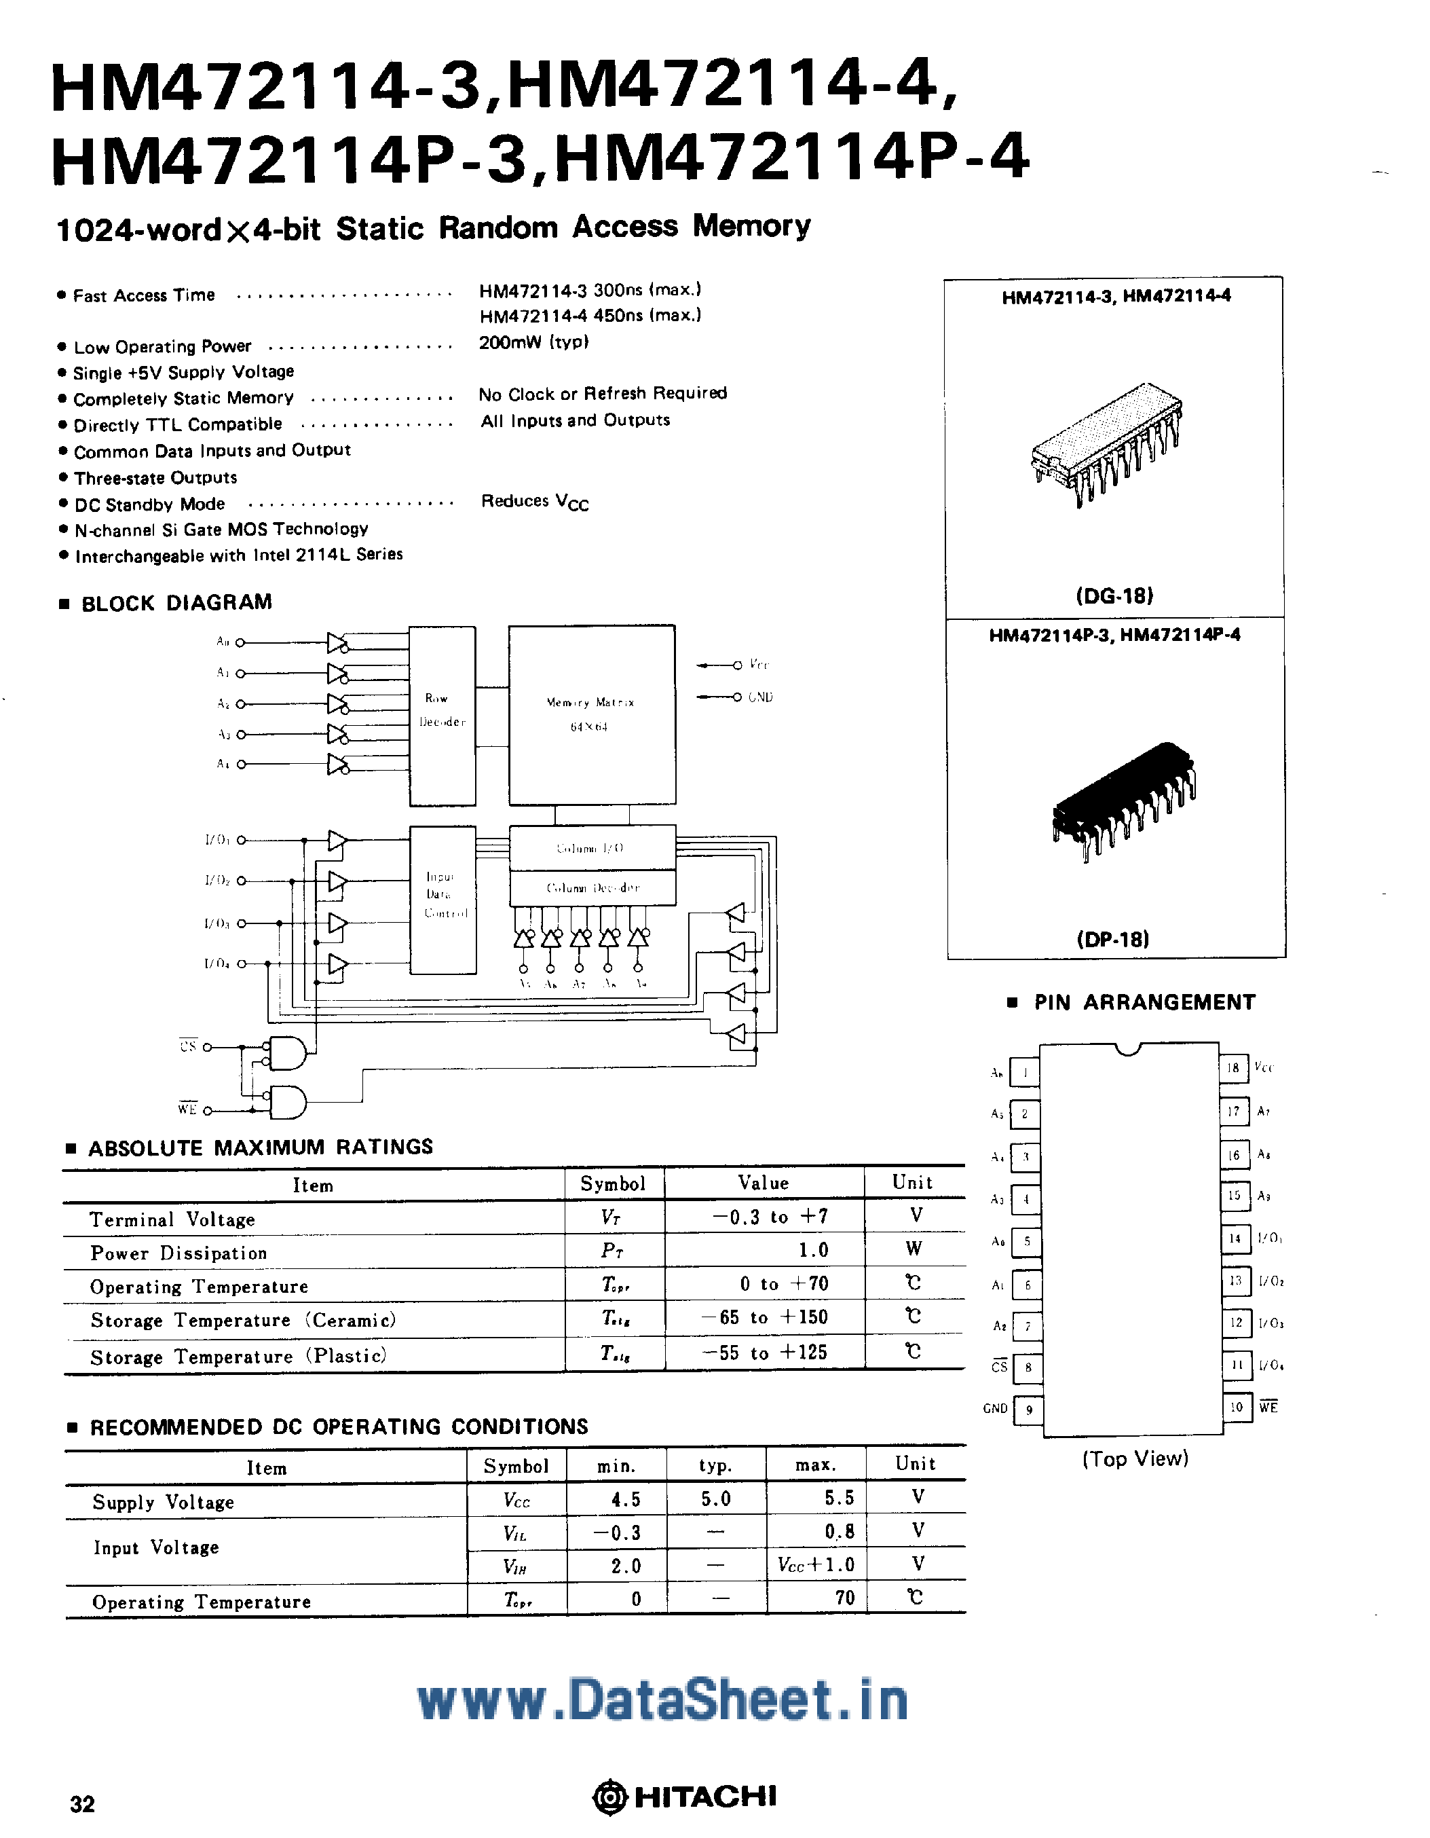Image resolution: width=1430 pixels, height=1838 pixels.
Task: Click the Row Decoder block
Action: click(443, 716)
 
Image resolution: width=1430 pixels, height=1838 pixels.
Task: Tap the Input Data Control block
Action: click(443, 900)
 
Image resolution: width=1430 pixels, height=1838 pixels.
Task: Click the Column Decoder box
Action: click(592, 888)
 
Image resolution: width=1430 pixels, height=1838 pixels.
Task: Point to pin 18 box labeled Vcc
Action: click(1233, 1068)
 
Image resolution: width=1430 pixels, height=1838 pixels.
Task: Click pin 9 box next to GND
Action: click(1028, 1410)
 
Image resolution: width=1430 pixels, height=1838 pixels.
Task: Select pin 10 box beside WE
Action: click(1236, 1407)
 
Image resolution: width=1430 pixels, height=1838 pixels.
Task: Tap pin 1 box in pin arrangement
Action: click(1025, 1073)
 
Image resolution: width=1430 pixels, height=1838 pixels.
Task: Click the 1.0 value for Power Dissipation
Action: click(812, 1251)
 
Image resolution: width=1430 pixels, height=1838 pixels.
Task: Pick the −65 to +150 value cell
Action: click(765, 1318)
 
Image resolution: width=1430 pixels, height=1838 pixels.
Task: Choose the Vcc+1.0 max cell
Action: click(815, 1565)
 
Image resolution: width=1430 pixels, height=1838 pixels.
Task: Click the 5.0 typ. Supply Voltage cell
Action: click(716, 1499)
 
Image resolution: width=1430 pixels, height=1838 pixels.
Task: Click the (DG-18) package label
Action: click(1114, 596)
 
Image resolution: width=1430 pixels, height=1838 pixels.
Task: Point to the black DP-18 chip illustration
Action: click(1123, 799)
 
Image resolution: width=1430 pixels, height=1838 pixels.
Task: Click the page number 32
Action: click(82, 1803)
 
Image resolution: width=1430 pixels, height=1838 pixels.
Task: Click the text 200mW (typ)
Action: click(533, 342)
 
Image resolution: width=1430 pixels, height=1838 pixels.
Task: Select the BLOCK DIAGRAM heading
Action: click(176, 602)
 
